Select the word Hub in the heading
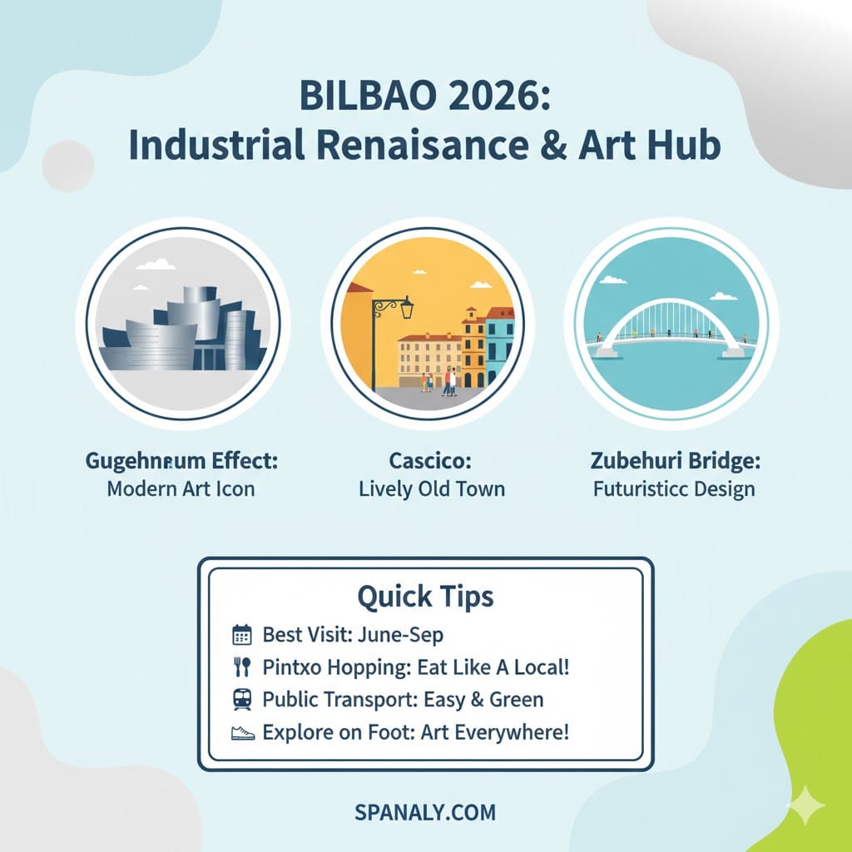(x=687, y=145)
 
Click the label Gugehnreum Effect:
(x=181, y=460)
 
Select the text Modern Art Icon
(x=181, y=488)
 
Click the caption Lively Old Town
(x=432, y=488)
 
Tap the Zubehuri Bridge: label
(x=674, y=460)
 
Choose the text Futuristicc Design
(x=674, y=488)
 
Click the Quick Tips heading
(x=425, y=596)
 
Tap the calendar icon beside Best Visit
(x=241, y=636)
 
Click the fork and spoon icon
(x=241, y=667)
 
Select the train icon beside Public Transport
(x=241, y=700)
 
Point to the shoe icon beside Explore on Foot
(x=241, y=733)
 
